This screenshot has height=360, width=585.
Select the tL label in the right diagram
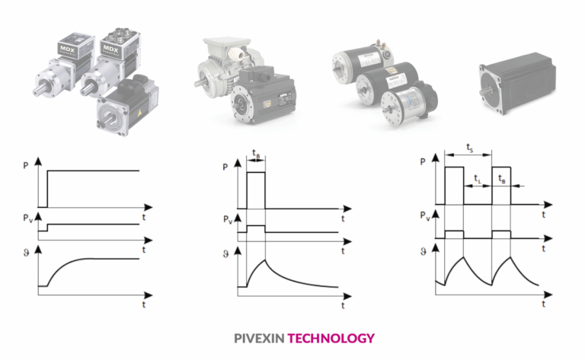[x=478, y=180]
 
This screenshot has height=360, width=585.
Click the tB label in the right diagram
[x=501, y=180]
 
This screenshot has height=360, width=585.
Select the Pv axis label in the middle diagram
[x=227, y=220]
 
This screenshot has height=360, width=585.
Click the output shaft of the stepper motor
[x=484, y=78]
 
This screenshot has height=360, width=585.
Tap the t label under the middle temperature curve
[x=342, y=306]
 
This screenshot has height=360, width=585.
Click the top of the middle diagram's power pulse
[x=255, y=173]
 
